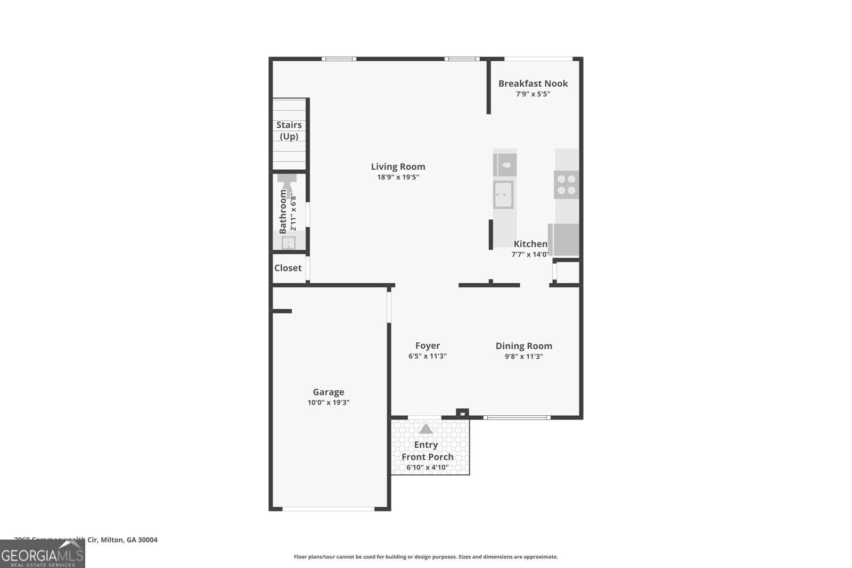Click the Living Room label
click(x=398, y=167)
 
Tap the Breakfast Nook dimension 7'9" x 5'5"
click(x=532, y=94)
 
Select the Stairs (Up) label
click(x=289, y=130)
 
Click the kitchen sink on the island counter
click(x=503, y=194)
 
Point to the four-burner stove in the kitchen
click(x=566, y=185)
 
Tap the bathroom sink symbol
click(x=288, y=243)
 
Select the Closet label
click(x=288, y=268)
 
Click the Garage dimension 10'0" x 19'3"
click(x=328, y=402)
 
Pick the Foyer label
click(x=428, y=345)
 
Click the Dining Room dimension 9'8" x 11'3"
click(x=523, y=357)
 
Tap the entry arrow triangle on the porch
click(x=425, y=429)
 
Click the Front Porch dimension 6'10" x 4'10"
click(x=427, y=468)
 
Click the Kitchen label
click(x=530, y=244)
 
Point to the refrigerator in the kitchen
click(x=565, y=240)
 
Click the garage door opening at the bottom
click(x=328, y=509)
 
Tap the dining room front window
click(x=517, y=417)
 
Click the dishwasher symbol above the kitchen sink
click(x=505, y=165)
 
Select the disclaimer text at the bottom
click(x=425, y=557)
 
